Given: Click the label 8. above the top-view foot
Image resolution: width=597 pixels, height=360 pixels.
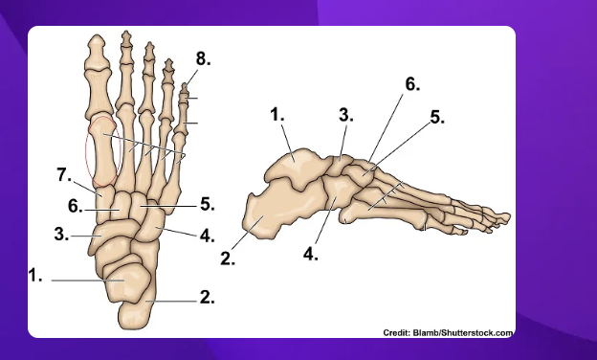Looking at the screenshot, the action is pyautogui.click(x=203, y=58).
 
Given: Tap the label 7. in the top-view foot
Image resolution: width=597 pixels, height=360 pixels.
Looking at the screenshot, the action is pyautogui.click(x=63, y=174).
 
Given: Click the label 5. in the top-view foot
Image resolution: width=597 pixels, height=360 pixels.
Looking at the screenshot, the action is pyautogui.click(x=207, y=204).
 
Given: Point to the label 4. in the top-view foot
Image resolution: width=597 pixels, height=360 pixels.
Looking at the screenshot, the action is pyautogui.click(x=206, y=234).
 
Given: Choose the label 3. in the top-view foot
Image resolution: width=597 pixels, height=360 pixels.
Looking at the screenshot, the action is pyautogui.click(x=60, y=233).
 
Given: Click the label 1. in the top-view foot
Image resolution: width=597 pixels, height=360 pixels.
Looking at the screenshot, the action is pyautogui.click(x=35, y=276).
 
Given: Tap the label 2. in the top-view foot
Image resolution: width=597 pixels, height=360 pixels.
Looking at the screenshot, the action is pyautogui.click(x=206, y=297).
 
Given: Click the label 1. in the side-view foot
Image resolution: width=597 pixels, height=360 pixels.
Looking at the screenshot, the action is pyautogui.click(x=278, y=114).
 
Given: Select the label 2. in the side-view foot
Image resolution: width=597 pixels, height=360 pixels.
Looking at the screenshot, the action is pyautogui.click(x=230, y=257).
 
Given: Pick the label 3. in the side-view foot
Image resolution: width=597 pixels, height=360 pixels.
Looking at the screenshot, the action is pyautogui.click(x=345, y=116).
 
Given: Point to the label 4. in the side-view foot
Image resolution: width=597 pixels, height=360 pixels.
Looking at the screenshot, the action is pyautogui.click(x=311, y=255).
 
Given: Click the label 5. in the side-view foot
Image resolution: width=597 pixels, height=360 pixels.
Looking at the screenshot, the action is pyautogui.click(x=436, y=118).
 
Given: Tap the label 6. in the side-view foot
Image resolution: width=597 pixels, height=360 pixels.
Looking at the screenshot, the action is pyautogui.click(x=411, y=84).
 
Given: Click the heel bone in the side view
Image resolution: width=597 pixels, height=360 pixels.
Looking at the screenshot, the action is pyautogui.click(x=273, y=215).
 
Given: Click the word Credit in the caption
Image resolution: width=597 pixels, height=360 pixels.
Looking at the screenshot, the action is pyautogui.click(x=397, y=332).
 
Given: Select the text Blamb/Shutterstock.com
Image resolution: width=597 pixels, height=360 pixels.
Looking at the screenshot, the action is pyautogui.click(x=463, y=332).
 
